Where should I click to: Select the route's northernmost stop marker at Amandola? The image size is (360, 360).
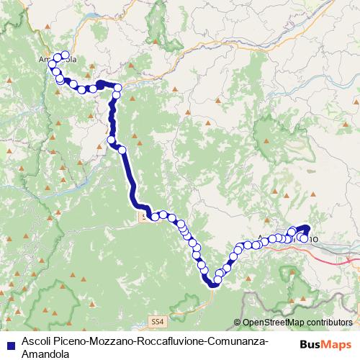point(65,55)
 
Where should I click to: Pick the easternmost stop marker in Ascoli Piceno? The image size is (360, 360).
point(305,238)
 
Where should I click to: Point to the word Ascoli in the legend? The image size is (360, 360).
point(36,341)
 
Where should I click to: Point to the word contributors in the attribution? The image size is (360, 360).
point(332,322)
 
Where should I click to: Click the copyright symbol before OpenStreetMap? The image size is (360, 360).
point(238,322)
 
